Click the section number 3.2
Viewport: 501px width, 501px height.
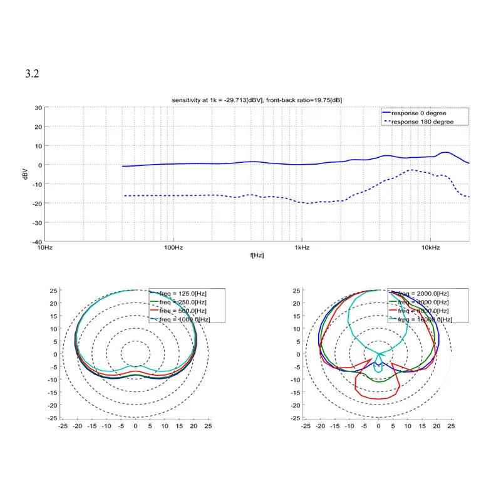32,74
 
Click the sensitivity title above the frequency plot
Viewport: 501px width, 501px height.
257,100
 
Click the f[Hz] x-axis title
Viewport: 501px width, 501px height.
257,256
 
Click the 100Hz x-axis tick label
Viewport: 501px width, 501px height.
173,248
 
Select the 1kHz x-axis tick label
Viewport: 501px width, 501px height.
302,248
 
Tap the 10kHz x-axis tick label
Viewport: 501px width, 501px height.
430,248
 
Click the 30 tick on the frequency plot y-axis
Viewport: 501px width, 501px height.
38,108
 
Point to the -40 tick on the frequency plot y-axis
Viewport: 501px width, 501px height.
37,242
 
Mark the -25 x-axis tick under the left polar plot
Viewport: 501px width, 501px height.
63,426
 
